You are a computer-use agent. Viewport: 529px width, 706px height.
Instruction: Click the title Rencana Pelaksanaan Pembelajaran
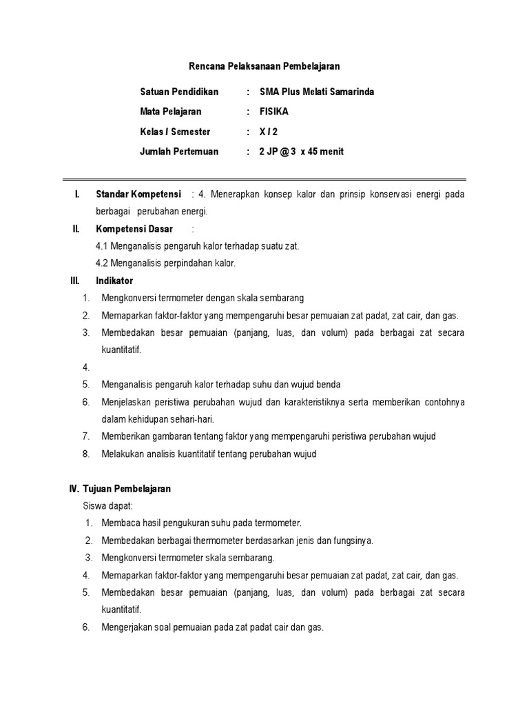(x=264, y=66)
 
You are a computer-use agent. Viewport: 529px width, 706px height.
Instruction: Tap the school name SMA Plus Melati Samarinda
(x=317, y=92)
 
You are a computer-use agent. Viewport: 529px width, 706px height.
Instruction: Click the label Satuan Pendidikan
(x=179, y=92)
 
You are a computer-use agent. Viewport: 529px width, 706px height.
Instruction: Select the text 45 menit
(x=327, y=152)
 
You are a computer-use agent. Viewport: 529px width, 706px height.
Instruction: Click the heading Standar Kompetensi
(x=138, y=194)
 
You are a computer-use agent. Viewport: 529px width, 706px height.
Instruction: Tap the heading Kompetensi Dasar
(x=134, y=229)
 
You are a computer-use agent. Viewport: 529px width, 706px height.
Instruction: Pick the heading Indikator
(x=114, y=281)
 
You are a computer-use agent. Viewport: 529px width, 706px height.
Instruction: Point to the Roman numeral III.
(x=75, y=281)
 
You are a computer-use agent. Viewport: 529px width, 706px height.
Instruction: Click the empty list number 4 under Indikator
(x=85, y=367)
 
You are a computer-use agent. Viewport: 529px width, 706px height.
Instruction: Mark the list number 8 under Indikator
(x=85, y=454)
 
